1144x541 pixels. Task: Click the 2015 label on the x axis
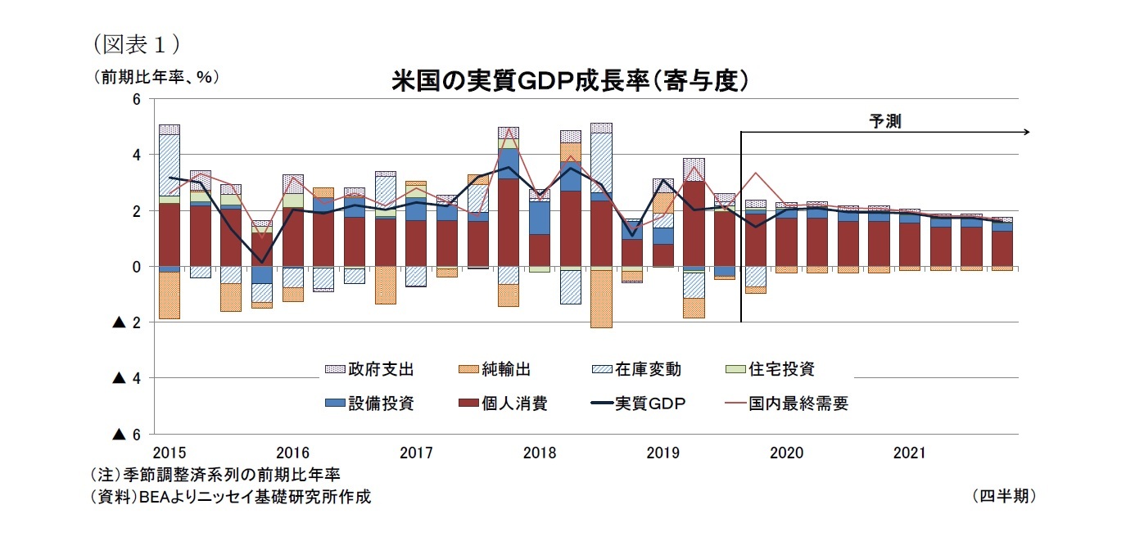pos(169,452)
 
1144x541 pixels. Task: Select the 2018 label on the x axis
pos(540,452)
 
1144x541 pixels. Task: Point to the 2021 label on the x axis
pos(909,452)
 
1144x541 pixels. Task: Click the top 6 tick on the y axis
pos(137,99)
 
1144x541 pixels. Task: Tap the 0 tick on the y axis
pos(137,267)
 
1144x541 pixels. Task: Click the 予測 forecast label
pos(884,122)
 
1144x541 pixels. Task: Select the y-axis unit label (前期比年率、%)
pos(156,77)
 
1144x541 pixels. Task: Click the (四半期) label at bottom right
pos(1004,496)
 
